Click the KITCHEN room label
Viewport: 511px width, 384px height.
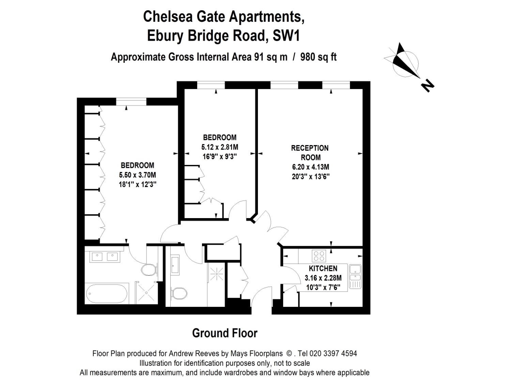323,268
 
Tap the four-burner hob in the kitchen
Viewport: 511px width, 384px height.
319,256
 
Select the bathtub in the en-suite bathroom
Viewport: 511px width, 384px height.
107,294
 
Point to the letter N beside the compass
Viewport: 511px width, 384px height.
428,86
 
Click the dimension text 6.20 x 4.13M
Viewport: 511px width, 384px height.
311,167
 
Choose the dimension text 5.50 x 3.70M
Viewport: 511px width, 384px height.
137,175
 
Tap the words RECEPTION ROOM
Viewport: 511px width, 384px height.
310,153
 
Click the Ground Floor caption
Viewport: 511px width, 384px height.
224,333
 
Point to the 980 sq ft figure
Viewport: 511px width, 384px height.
318,57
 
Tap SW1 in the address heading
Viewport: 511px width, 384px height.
286,36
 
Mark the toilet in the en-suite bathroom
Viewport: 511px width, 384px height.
149,270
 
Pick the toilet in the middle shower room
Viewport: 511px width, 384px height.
179,293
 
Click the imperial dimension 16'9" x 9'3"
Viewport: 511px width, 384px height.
219,156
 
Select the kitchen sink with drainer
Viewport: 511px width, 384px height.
355,276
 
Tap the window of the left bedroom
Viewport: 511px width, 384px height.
131,102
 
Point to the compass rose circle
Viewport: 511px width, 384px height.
406,51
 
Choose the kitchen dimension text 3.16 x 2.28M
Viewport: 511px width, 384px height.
323,278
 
